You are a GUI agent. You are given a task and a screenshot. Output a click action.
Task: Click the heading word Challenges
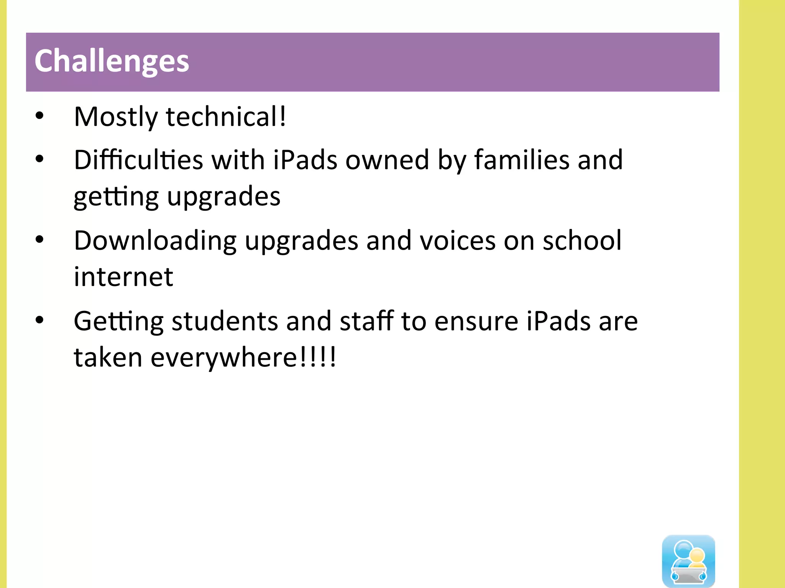pos(112,61)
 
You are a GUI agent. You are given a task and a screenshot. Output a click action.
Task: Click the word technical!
pos(226,117)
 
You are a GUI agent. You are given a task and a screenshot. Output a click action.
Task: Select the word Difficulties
pos(138,160)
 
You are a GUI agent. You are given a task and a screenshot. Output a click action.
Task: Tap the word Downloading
pos(155,241)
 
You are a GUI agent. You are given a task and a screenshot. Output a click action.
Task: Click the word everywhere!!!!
pos(243,357)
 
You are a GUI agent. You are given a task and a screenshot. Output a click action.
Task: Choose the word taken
pos(108,357)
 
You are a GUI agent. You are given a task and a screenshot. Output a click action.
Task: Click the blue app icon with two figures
pos(688,561)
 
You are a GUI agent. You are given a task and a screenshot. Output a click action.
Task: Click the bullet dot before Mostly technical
pos(39,116)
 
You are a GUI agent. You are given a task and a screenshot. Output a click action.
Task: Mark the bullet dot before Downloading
pos(39,240)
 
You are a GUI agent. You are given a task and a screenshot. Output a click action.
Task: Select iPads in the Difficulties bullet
pos(305,160)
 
